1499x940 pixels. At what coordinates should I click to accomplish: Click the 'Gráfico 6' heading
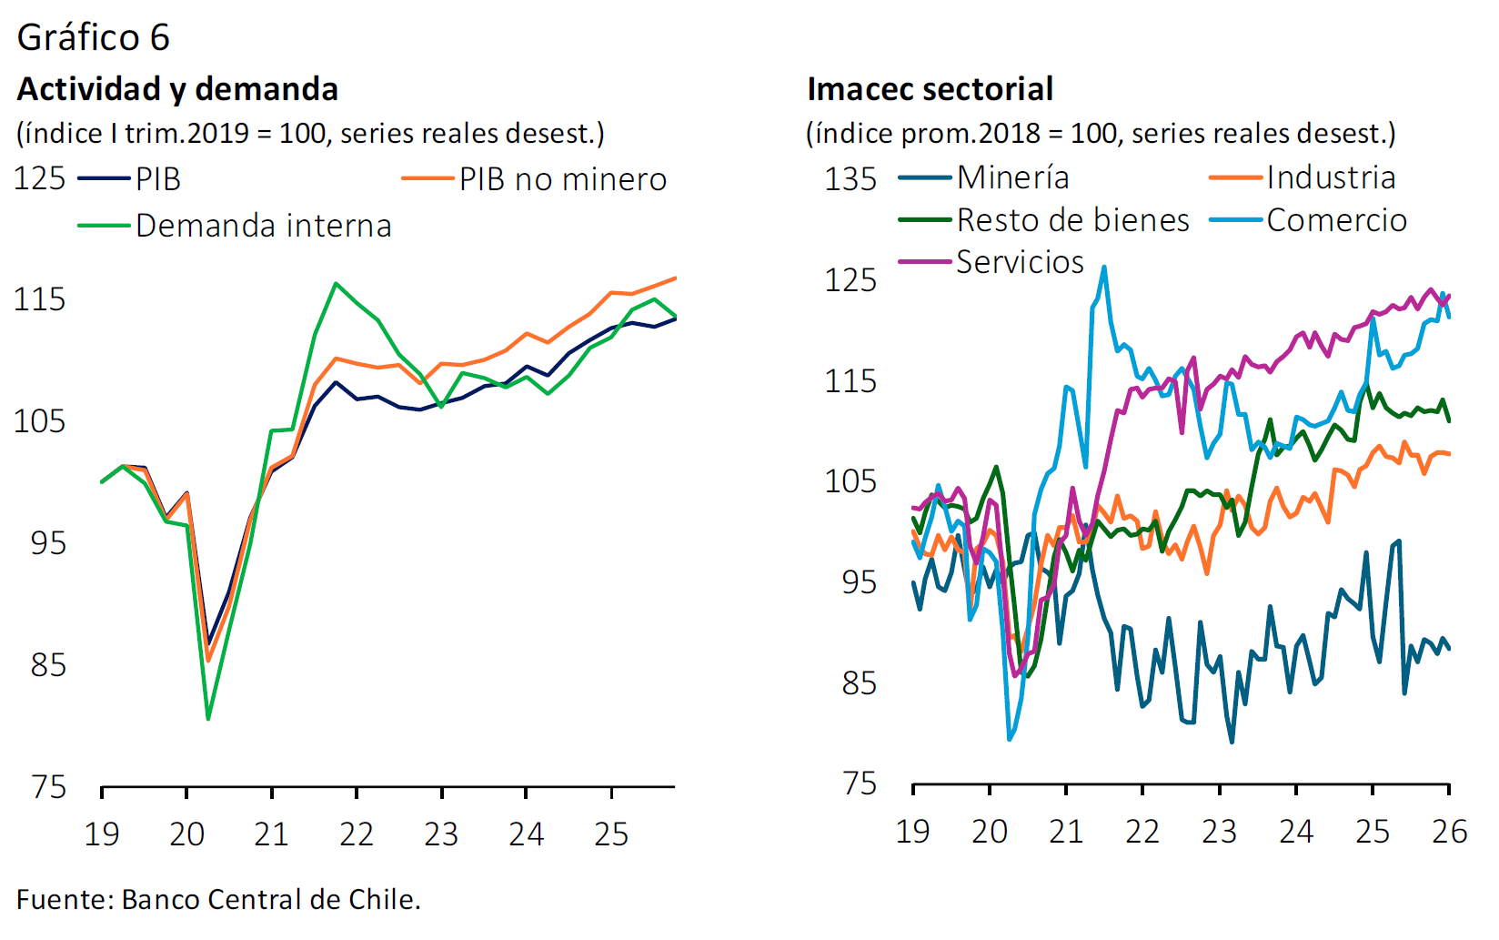pyautogui.click(x=93, y=37)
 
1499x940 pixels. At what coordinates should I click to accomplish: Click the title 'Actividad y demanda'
pyautogui.click(x=177, y=89)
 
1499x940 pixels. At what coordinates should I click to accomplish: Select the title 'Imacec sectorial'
pyautogui.click(x=930, y=89)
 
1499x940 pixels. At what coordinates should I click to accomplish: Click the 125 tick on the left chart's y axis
pyautogui.click(x=39, y=178)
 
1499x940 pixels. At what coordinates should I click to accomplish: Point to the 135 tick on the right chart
pyautogui.click(x=850, y=179)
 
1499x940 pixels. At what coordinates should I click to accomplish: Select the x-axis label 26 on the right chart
pyautogui.click(x=1449, y=831)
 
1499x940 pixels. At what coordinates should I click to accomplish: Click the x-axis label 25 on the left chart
pyautogui.click(x=611, y=834)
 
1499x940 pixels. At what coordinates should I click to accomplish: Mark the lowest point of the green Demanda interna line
pyautogui.click(x=208, y=719)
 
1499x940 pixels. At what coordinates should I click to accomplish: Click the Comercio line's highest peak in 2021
pyautogui.click(x=1104, y=268)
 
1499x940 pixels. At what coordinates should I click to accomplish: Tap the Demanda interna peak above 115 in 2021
pyautogui.click(x=336, y=283)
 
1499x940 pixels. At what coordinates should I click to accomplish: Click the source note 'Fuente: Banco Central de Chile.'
pyautogui.click(x=218, y=899)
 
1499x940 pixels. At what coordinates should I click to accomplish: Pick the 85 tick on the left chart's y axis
pyautogui.click(x=48, y=665)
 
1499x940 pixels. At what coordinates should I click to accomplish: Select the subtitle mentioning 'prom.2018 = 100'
pyautogui.click(x=1101, y=134)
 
